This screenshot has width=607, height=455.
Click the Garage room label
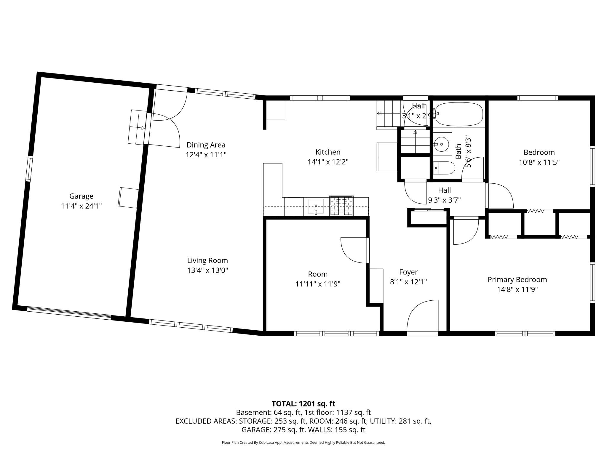click(x=81, y=196)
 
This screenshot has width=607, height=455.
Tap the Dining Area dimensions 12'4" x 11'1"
click(x=206, y=155)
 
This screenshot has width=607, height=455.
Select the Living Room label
click(x=207, y=261)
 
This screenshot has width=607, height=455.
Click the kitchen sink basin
click(x=316, y=206)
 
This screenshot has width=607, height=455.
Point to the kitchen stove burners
click(x=342, y=206)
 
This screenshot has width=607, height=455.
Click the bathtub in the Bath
click(x=459, y=114)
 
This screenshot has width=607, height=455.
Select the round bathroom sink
click(x=442, y=144)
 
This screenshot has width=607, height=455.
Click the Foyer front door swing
click(x=422, y=317)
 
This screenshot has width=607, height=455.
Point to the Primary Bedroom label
click(x=517, y=280)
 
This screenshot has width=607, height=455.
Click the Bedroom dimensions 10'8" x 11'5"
click(x=539, y=162)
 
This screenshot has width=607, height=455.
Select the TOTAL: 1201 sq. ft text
click(x=303, y=404)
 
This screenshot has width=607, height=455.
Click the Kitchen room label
click(x=328, y=152)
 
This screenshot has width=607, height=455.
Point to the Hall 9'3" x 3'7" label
click(x=444, y=190)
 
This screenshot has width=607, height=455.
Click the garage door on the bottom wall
click(x=69, y=313)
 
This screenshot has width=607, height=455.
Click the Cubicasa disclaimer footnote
click(x=303, y=443)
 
